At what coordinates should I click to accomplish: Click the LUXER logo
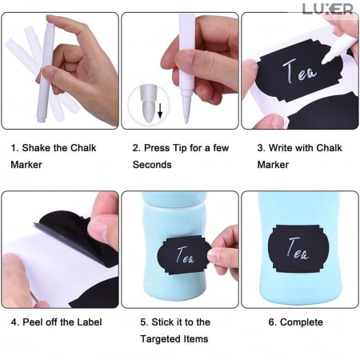point(328,9)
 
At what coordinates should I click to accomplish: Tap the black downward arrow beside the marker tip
point(160,111)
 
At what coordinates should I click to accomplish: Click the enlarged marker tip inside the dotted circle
point(148,103)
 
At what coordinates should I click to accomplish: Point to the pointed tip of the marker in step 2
point(186,122)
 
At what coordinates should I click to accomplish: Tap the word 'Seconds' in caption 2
point(152,165)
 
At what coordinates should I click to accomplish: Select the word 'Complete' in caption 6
point(302,322)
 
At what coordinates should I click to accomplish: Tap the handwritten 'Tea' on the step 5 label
point(185,255)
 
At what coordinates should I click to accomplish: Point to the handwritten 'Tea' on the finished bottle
point(298,249)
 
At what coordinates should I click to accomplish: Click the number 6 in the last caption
point(272,322)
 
